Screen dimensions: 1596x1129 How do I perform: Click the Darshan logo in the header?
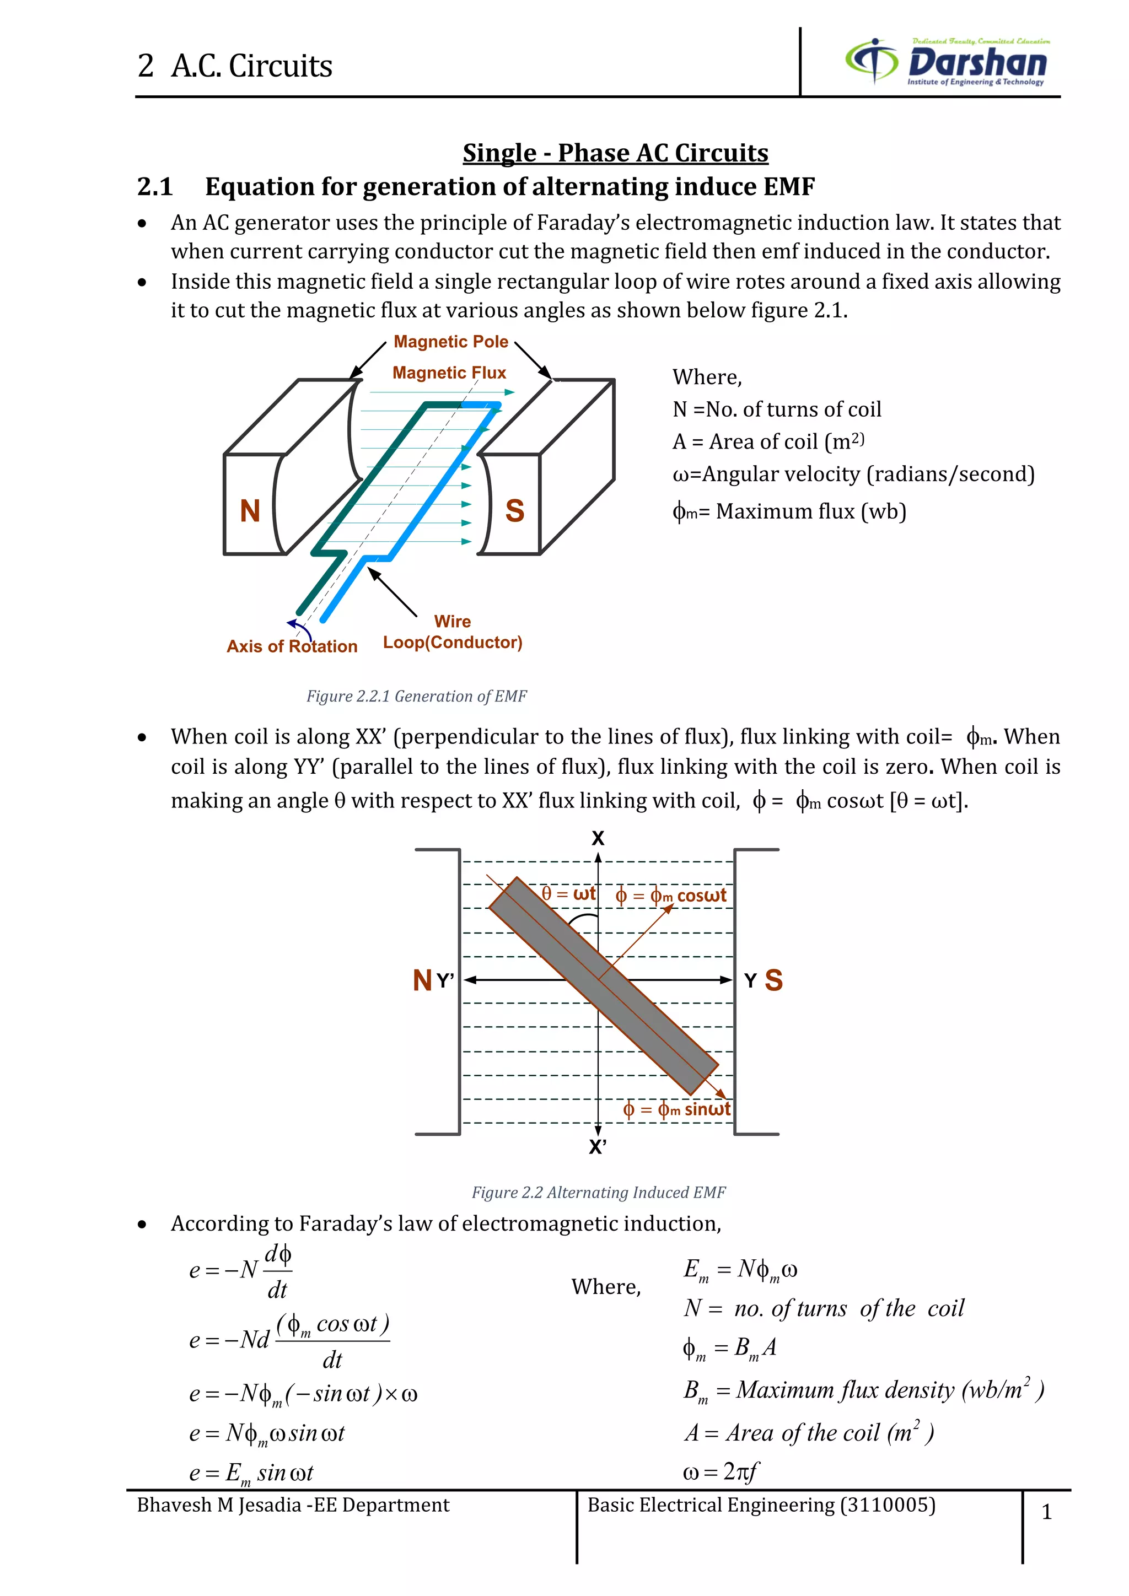[947, 62]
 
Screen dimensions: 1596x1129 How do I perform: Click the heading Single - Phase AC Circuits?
[615, 152]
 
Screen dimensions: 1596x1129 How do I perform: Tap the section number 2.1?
[154, 186]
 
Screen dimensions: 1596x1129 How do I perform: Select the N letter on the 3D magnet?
[250, 511]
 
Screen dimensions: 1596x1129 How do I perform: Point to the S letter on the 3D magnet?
[514, 511]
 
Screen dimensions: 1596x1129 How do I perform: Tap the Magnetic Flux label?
[449, 373]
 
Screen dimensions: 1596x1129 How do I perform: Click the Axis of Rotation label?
[292, 646]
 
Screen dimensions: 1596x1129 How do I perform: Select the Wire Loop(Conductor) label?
[453, 632]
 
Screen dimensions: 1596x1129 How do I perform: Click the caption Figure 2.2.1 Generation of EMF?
[416, 696]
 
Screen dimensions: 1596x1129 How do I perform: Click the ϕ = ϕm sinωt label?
[676, 1109]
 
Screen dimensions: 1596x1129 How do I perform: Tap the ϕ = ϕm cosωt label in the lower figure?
[671, 896]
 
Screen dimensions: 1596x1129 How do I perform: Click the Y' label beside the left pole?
[445, 981]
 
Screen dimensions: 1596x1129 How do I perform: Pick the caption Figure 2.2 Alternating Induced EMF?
[598, 1192]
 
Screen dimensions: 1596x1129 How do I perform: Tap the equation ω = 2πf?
[720, 1471]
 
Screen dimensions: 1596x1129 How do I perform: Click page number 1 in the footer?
[1046, 1511]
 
